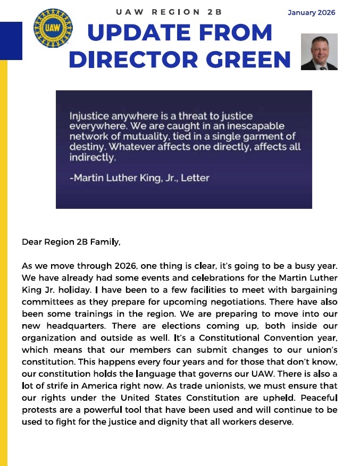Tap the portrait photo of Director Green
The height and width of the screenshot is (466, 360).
[x=319, y=52]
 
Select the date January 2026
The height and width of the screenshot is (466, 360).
[x=312, y=13]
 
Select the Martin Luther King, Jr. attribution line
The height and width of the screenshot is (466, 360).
[x=139, y=178]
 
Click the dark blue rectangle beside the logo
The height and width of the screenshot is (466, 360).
[x=11, y=40]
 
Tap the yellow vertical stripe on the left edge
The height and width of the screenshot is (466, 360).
[x=4, y=266]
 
